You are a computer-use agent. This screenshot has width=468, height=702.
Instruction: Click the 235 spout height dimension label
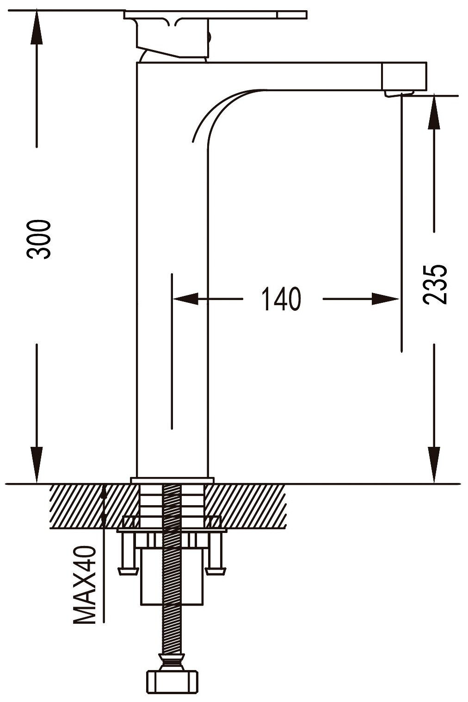435,284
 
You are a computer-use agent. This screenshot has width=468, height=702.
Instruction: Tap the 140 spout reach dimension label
281,299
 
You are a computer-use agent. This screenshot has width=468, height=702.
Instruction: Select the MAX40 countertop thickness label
85,585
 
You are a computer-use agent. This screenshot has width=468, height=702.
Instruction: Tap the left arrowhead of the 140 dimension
185,299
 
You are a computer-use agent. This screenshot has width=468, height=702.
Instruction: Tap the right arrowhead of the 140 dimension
385,299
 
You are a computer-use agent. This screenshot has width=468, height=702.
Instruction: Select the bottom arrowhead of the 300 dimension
37,464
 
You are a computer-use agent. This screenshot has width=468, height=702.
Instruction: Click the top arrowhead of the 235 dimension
434,113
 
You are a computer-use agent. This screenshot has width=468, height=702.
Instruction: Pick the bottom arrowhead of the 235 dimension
434,464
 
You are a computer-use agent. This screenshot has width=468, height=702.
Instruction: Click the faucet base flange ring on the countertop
172,480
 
